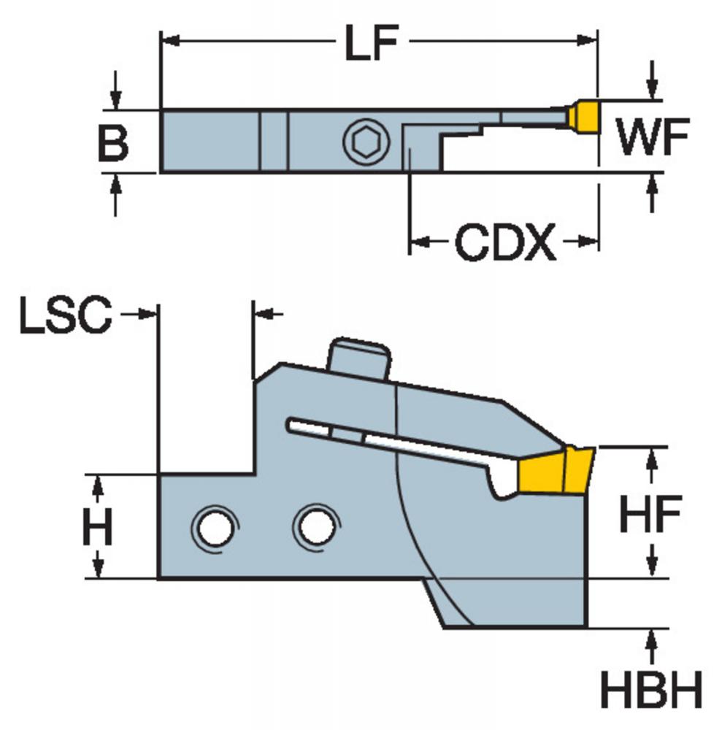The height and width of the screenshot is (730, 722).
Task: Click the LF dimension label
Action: pyautogui.click(x=372, y=42)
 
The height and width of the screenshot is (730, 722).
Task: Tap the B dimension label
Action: pyautogui.click(x=113, y=144)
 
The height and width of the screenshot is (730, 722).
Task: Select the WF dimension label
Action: pyautogui.click(x=653, y=137)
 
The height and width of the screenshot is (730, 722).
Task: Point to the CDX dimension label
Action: pyautogui.click(x=505, y=242)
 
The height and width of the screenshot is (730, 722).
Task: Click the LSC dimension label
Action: pyautogui.click(x=66, y=315)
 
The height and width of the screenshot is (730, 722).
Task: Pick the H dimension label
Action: pyautogui.click(x=98, y=526)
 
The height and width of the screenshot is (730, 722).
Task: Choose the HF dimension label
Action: pyautogui.click(x=650, y=514)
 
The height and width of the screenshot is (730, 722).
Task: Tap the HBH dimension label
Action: pyautogui.click(x=650, y=689)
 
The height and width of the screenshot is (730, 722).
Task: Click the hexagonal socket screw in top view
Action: pyautogui.click(x=366, y=142)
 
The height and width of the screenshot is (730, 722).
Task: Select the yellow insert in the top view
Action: pyautogui.click(x=584, y=115)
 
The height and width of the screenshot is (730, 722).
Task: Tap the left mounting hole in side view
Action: pyautogui.click(x=215, y=528)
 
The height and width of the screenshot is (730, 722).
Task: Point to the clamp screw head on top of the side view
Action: pyautogui.click(x=359, y=358)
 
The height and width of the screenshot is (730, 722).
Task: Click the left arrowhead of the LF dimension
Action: pyautogui.click(x=170, y=41)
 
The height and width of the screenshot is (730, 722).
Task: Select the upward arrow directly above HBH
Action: pyautogui.click(x=652, y=646)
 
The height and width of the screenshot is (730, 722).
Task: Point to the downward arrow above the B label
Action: pyautogui.click(x=116, y=91)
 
